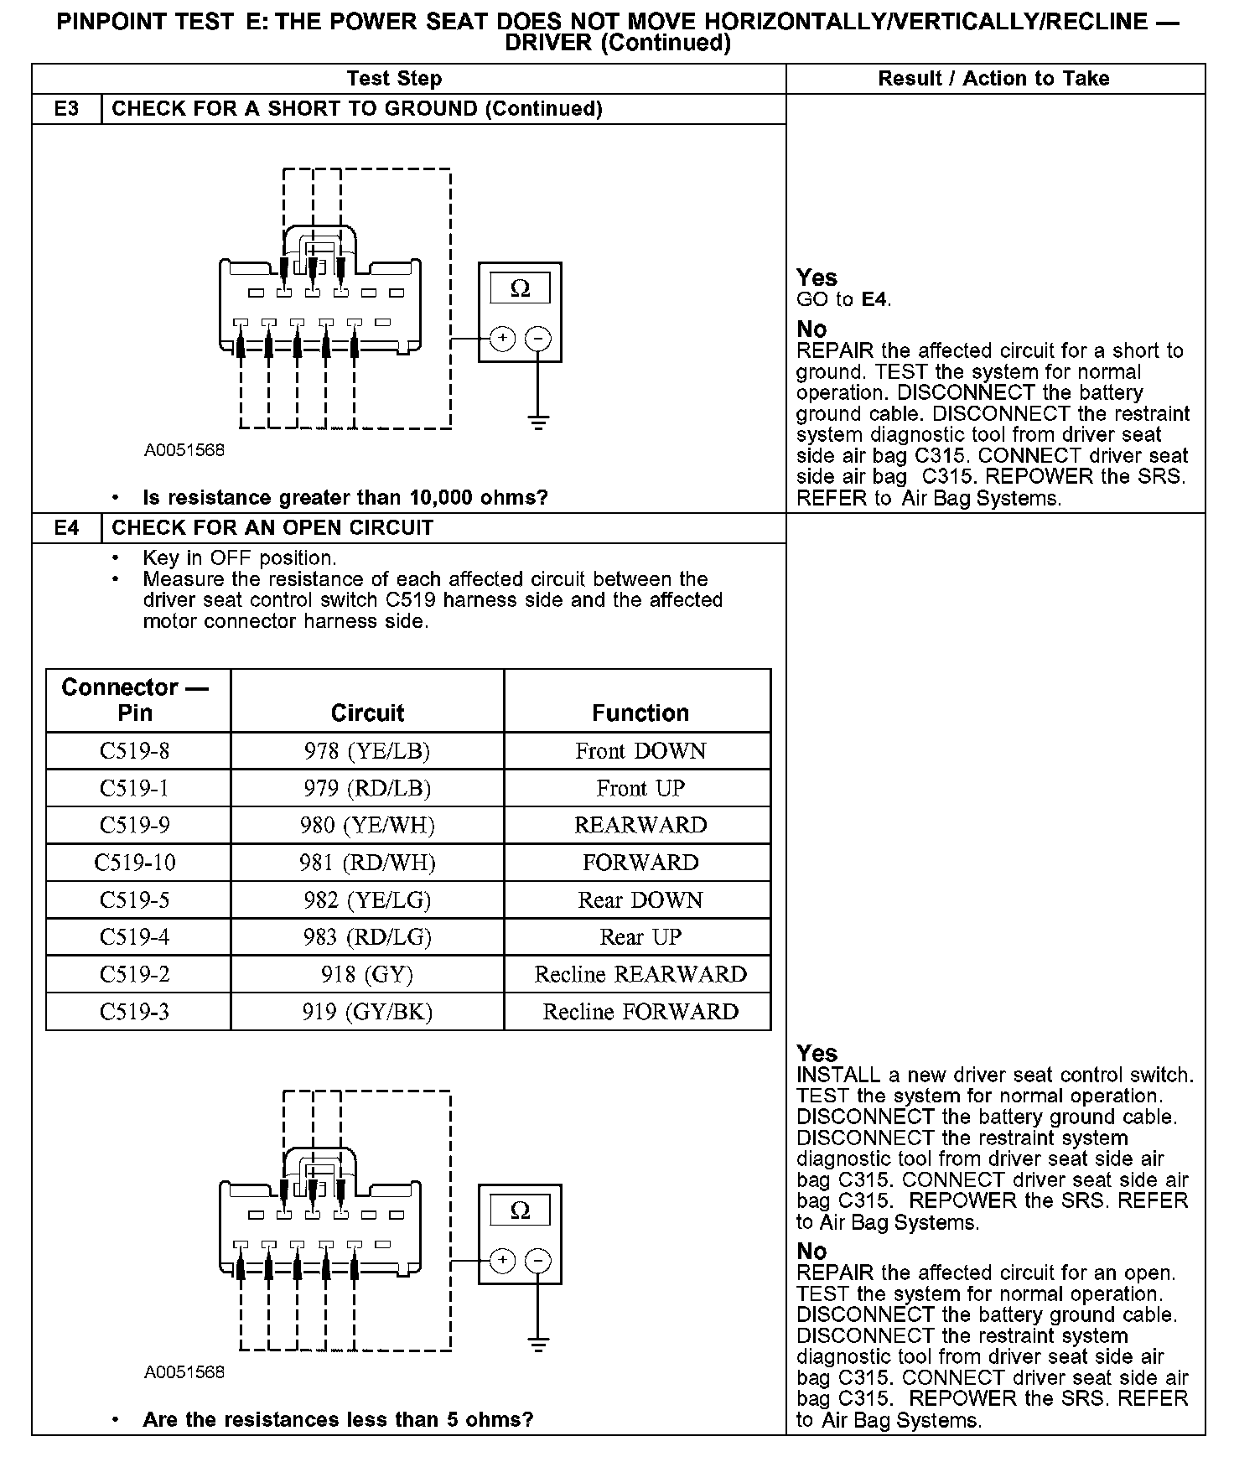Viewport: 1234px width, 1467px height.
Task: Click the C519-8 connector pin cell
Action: click(x=135, y=751)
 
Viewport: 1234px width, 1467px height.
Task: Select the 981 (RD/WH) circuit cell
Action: click(x=367, y=863)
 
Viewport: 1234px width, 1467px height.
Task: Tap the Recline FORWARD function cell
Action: click(x=640, y=1012)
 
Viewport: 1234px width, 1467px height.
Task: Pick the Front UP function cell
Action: click(x=640, y=789)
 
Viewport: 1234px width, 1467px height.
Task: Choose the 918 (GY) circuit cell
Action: click(x=367, y=974)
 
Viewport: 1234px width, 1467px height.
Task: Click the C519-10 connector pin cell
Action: click(x=135, y=863)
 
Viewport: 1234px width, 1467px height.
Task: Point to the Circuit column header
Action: click(x=367, y=713)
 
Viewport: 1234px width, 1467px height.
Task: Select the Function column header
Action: click(x=640, y=713)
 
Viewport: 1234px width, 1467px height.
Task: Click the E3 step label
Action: click(x=66, y=109)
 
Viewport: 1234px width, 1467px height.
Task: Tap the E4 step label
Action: click(x=66, y=528)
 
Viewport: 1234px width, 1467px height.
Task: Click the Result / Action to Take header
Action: click(x=993, y=79)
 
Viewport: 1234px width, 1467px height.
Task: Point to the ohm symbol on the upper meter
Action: click(x=520, y=289)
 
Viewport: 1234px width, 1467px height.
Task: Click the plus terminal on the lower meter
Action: click(x=502, y=1260)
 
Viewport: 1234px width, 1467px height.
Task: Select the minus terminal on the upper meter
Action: click(x=538, y=339)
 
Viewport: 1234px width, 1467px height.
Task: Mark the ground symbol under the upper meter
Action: click(x=538, y=422)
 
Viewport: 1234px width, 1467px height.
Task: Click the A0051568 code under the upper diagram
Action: click(x=184, y=450)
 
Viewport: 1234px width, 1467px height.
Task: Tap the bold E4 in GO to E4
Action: click(x=874, y=299)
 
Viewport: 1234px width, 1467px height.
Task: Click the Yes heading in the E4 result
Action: click(x=817, y=1053)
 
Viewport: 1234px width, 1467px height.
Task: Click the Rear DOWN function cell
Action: click(x=640, y=900)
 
